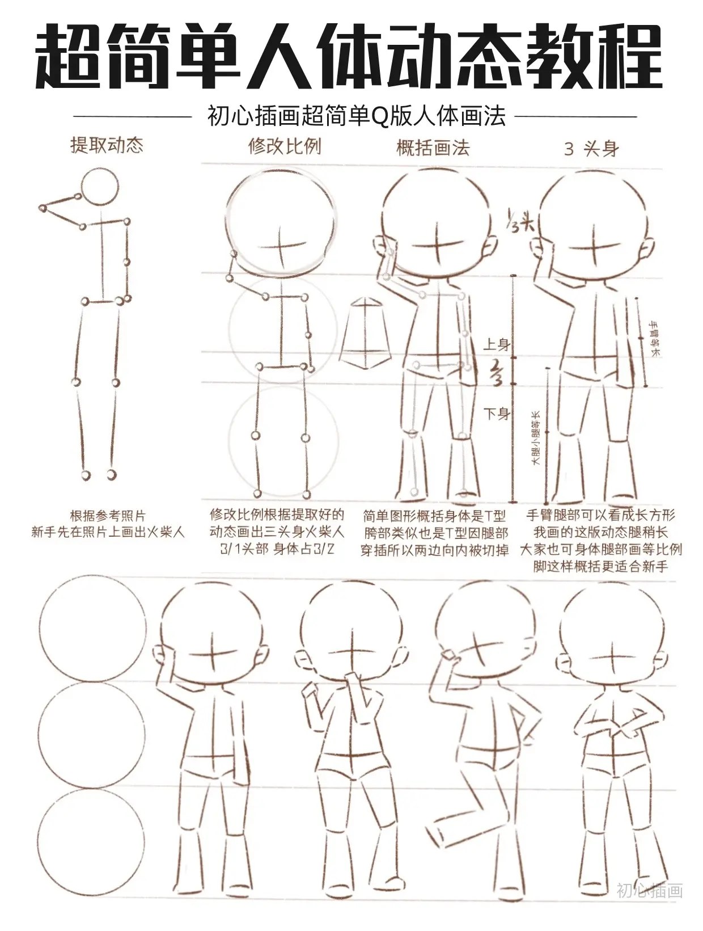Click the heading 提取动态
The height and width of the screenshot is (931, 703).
click(107, 145)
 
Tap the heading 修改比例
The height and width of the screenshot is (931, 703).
click(285, 146)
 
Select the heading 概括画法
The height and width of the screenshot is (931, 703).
click(433, 148)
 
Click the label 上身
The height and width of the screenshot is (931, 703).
click(497, 344)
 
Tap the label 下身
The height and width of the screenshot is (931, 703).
click(497, 413)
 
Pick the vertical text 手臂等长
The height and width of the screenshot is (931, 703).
click(655, 339)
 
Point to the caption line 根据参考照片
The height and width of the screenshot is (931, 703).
click(108, 516)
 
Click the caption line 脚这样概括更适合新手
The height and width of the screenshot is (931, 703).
click(601, 566)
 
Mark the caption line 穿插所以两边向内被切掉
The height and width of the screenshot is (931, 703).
click(434, 550)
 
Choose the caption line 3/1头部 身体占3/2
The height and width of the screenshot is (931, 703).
click(277, 549)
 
